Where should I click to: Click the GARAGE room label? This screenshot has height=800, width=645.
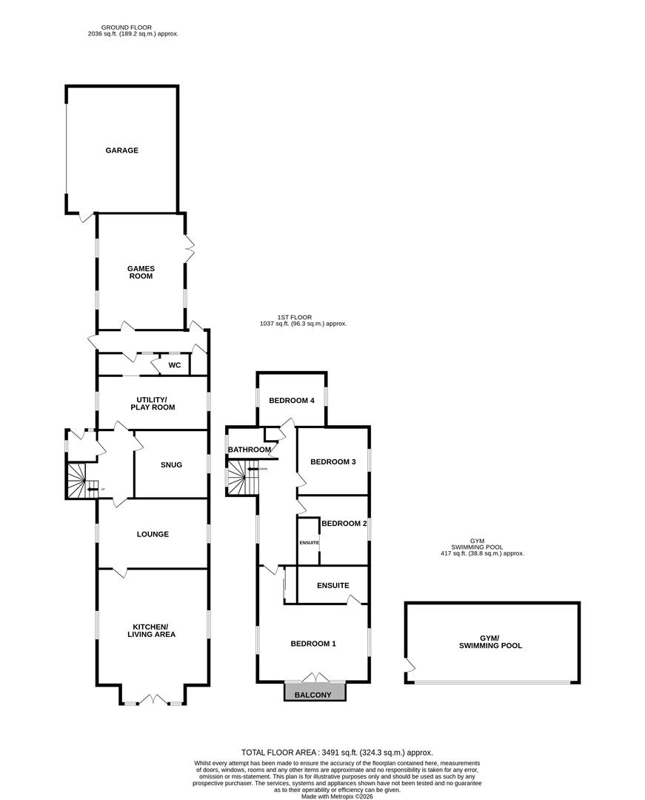121,150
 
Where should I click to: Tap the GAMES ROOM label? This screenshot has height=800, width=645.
140,272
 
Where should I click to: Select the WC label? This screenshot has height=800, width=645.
175,365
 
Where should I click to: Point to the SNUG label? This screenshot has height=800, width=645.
171,465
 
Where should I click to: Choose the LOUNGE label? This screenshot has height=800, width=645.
153,534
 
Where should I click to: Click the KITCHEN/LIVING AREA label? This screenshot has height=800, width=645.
152,630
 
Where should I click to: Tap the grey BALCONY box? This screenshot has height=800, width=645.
315,694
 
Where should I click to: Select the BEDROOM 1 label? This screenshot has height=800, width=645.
313,644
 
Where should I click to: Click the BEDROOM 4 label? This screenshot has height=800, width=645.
292,401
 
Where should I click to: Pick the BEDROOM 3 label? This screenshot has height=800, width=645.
333,462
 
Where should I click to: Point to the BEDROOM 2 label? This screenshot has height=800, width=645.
344,523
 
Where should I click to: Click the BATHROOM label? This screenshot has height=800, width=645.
249,450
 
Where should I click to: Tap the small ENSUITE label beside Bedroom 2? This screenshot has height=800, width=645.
309,543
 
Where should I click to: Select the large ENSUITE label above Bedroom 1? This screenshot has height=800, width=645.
332,585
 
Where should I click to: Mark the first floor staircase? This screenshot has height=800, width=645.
238,478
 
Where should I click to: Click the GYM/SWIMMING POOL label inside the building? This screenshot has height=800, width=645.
490,641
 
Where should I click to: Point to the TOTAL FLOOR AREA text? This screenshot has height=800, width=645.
337,752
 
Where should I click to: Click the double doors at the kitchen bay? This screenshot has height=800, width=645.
153,699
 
